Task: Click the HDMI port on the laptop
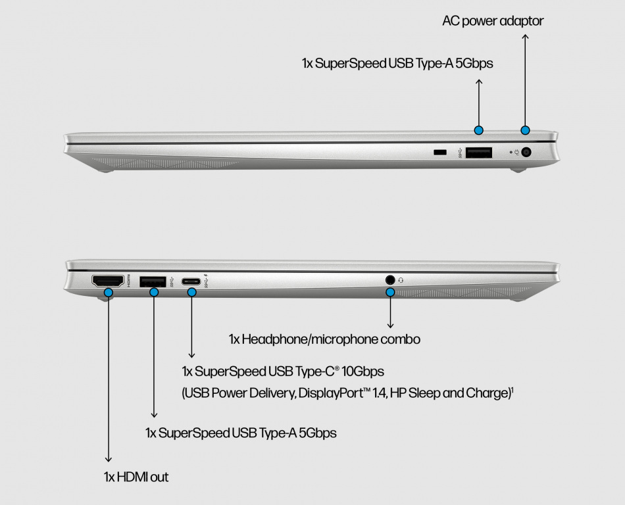tap(108, 281)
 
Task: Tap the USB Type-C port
tap(191, 281)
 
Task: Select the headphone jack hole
tap(390, 280)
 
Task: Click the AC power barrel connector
tap(526, 152)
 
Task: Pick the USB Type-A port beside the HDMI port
tap(153, 281)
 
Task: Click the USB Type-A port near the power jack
tap(479, 153)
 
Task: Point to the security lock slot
tap(439, 152)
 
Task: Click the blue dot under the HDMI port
tap(108, 293)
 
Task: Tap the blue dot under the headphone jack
tap(390, 293)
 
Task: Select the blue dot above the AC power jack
tap(526, 130)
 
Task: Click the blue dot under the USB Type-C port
tap(191, 293)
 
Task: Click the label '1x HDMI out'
tap(136, 477)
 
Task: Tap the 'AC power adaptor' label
tap(493, 20)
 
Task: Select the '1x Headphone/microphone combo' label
tap(324, 339)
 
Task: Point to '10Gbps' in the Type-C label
tap(362, 372)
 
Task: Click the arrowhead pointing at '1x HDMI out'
tap(108, 459)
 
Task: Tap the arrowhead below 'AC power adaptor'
tap(526, 37)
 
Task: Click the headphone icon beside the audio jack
tap(401, 280)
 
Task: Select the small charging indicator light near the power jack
tap(511, 152)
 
